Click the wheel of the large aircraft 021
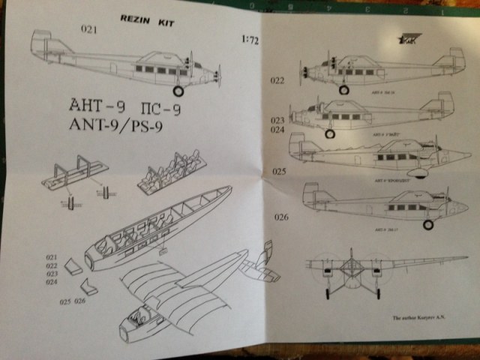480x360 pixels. click(x=178, y=91)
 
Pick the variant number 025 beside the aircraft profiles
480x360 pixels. click(x=280, y=171)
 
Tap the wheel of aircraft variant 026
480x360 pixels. click(x=428, y=224)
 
